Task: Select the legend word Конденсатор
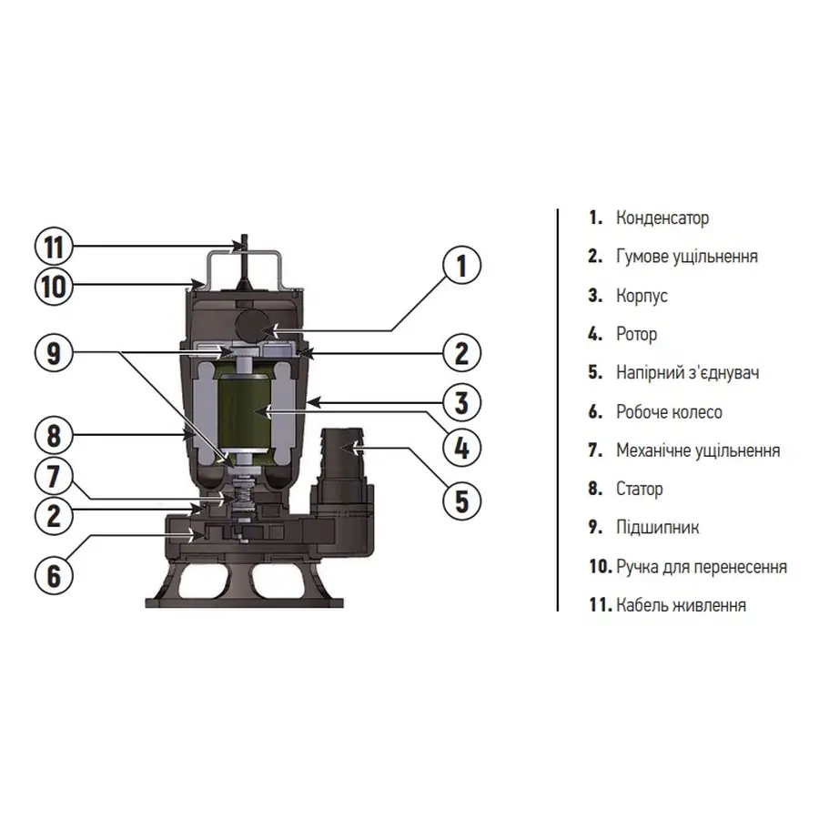[x=662, y=218]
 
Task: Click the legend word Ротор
[x=636, y=334]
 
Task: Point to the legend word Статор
[x=639, y=489]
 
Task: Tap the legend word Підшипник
[x=657, y=528]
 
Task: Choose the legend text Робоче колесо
[x=669, y=412]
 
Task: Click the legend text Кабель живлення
[x=681, y=605]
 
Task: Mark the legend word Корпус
[x=642, y=296]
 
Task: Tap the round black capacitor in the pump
[x=247, y=324]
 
